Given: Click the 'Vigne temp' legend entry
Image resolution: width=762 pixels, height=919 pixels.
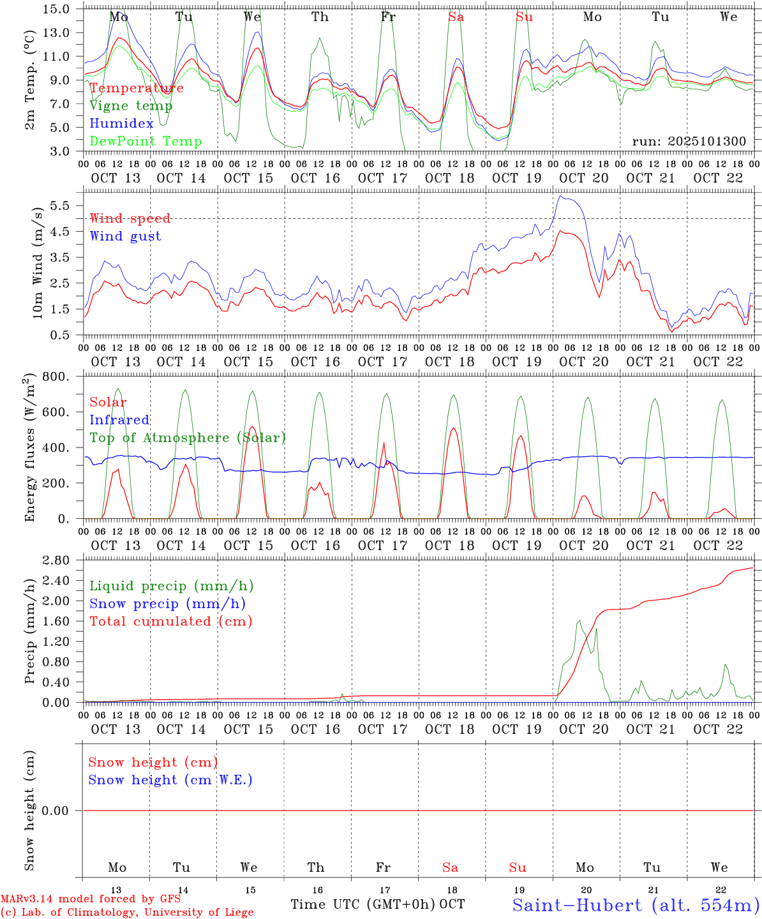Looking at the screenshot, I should coord(131,106).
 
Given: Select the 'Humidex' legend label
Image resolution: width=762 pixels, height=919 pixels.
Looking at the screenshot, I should coord(122,124).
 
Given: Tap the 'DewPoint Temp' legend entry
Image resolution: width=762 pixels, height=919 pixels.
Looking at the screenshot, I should coord(146,142).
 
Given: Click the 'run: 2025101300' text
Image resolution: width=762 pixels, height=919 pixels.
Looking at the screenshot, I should coord(689,142).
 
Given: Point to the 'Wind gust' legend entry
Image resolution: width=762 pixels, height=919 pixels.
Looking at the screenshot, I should coord(126,236).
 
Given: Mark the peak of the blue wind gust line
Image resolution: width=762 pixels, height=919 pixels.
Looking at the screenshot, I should coord(560,196).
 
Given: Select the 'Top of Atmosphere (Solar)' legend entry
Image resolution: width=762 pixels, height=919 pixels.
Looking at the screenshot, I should coord(188,438).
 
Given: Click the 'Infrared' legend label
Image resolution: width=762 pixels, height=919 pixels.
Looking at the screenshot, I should coord(120,420).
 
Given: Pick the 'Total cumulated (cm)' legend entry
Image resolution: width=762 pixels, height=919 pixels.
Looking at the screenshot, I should coord(171,622).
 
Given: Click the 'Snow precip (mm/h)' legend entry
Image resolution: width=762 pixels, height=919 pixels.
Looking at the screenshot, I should coord(168,604).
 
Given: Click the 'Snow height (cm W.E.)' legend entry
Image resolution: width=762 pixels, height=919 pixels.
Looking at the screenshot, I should coord(170,780).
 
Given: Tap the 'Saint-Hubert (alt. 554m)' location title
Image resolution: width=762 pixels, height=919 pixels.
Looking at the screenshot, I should coord(636,905).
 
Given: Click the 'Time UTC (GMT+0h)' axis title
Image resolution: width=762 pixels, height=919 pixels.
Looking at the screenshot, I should coord(362,904).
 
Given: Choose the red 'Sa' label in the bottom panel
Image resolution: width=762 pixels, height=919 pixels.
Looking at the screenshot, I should coord(451,867).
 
